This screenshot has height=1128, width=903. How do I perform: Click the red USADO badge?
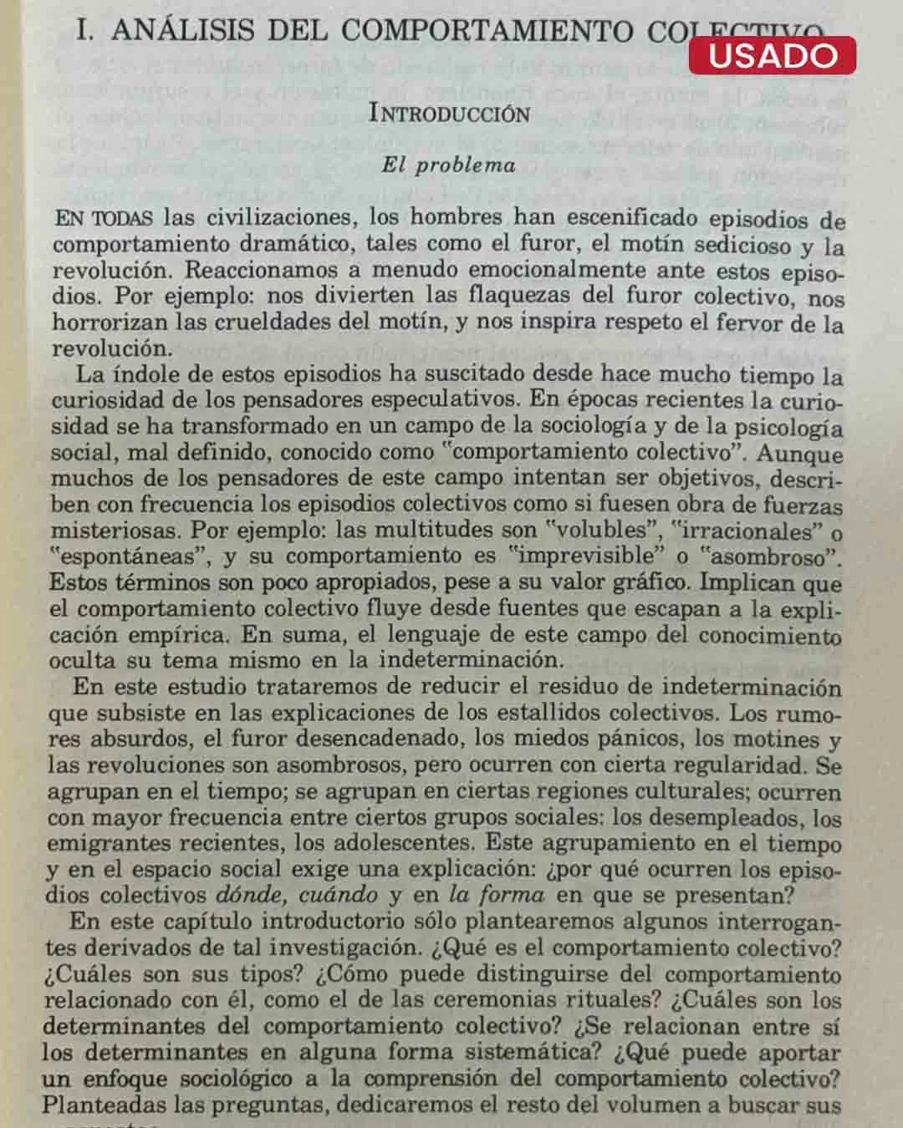[x=772, y=55]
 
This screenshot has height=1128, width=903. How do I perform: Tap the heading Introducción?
[x=449, y=114]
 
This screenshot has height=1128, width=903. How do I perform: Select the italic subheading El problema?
[x=449, y=165]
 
